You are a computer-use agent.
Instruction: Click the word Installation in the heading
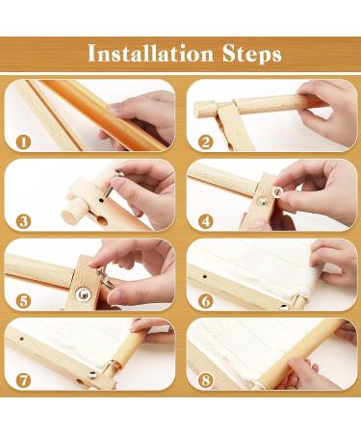150,53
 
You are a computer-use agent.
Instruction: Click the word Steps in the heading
252,54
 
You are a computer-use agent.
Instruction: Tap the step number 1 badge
23,141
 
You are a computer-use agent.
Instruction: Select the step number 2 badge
205,141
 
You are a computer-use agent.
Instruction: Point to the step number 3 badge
23,221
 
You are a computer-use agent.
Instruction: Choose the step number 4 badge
205,221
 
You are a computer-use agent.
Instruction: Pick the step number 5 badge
23,301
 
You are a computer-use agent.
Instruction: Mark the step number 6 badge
205,301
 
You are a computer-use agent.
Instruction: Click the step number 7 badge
23,381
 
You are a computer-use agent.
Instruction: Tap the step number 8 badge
205,381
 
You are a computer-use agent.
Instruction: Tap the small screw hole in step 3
101,200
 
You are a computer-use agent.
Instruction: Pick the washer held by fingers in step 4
277,192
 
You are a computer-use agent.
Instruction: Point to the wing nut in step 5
105,277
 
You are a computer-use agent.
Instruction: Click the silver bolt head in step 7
92,373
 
